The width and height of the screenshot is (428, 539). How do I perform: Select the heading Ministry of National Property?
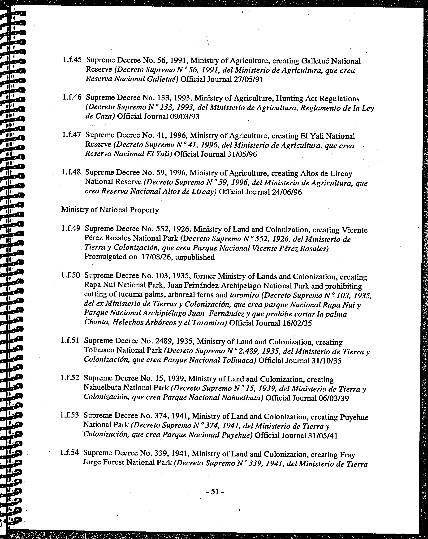pos(110,210)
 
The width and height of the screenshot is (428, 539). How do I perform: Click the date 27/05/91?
pos(248,79)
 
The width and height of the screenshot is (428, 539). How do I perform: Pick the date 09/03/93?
pos(184,117)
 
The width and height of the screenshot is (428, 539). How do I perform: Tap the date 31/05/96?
pos(242,154)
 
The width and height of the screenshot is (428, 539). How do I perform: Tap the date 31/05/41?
pos(323,436)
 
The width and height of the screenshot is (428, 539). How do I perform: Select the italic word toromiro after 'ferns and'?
pos(244,295)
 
